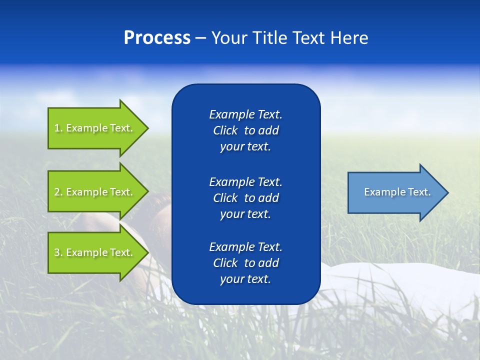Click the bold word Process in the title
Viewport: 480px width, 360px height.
click(157, 38)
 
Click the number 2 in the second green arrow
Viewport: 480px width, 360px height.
click(57, 192)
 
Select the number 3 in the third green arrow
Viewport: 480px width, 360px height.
click(57, 252)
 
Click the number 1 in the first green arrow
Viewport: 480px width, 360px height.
click(57, 128)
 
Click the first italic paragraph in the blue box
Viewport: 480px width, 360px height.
click(245, 130)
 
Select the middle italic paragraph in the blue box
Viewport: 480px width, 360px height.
click(245, 198)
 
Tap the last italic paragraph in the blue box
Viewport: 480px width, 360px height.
click(245, 263)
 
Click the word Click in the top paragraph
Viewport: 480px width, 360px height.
click(225, 130)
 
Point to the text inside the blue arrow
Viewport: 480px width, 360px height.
click(397, 192)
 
